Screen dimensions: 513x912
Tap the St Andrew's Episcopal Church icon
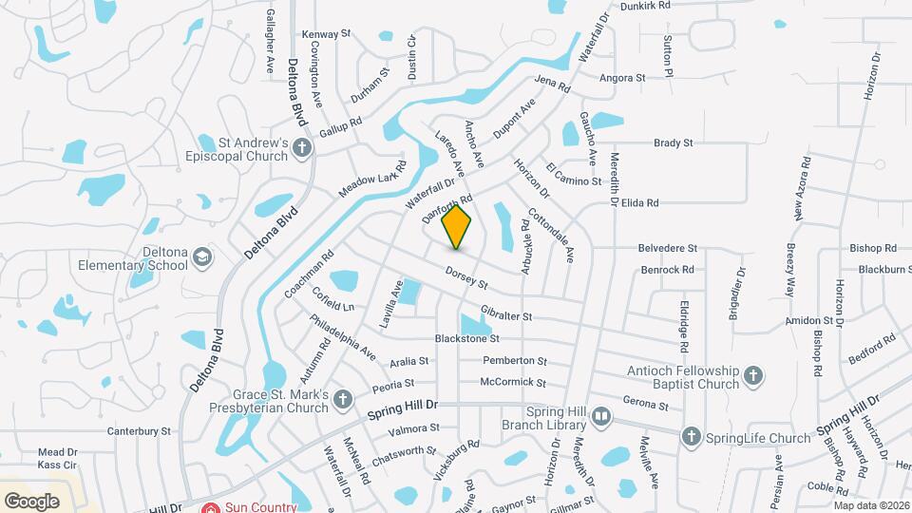[301, 148]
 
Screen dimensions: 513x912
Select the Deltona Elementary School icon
[201, 257]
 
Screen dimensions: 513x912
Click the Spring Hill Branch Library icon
[599, 416]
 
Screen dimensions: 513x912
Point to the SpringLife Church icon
[691, 437]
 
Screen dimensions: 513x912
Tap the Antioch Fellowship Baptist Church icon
[752, 375]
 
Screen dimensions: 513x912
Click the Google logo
[31, 501]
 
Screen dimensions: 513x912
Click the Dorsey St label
[465, 278]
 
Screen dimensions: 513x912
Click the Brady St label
[673, 143]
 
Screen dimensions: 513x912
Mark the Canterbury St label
[139, 430]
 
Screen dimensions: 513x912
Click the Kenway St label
[326, 34]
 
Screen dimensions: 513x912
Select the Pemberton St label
[515, 361]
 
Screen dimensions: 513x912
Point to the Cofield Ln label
[334, 306]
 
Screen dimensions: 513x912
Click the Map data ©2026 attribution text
[871, 505]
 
